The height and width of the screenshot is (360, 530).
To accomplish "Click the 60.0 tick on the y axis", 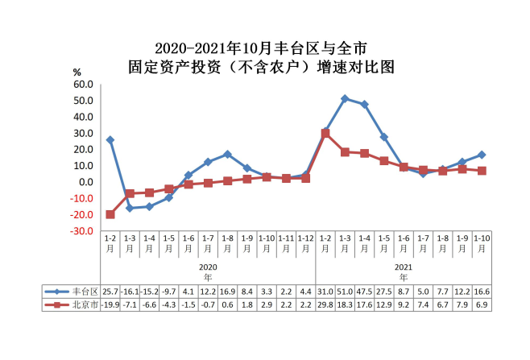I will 83,84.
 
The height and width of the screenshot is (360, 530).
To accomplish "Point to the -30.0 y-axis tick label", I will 83,231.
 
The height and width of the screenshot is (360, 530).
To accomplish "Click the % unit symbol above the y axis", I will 77,72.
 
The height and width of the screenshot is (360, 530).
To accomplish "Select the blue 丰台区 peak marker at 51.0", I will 345,98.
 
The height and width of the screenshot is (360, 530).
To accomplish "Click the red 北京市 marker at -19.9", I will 110,214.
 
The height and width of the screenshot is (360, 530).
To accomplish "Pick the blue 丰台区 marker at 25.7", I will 110,140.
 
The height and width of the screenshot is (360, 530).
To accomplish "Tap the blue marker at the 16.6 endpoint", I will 482,155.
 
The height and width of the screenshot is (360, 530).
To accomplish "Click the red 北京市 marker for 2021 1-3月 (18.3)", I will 345,152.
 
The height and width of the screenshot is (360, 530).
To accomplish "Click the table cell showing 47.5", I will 364,291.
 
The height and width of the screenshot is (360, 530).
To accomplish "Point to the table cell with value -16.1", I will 130,291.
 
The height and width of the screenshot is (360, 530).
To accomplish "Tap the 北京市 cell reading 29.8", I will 325,305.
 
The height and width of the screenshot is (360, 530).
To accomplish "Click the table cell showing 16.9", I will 227,291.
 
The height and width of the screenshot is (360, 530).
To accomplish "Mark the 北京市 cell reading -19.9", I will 110,305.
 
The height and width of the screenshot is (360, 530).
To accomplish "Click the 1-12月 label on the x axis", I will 305,242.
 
